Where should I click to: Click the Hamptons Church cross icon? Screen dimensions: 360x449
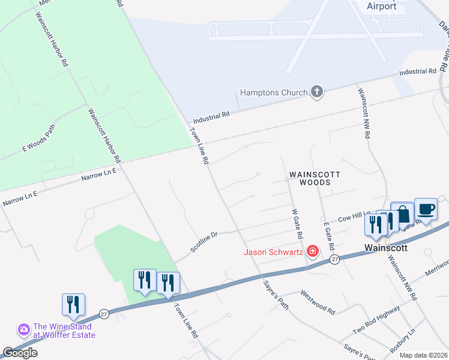click(317, 92)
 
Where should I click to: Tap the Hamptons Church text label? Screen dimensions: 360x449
click(274, 93)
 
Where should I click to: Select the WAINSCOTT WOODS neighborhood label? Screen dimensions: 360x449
click(315, 178)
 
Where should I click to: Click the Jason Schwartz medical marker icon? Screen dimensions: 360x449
click(312, 251)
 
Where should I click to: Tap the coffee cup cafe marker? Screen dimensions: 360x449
click(426, 209)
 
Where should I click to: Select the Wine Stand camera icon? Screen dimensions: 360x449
click(24, 329)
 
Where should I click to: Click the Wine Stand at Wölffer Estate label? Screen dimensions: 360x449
click(64, 331)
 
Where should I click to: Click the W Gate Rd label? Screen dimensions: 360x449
click(296, 223)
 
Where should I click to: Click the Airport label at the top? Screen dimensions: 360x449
click(382, 6)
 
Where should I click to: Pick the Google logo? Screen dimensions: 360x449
click(20, 353)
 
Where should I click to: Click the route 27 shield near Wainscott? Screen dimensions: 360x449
click(335, 259)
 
